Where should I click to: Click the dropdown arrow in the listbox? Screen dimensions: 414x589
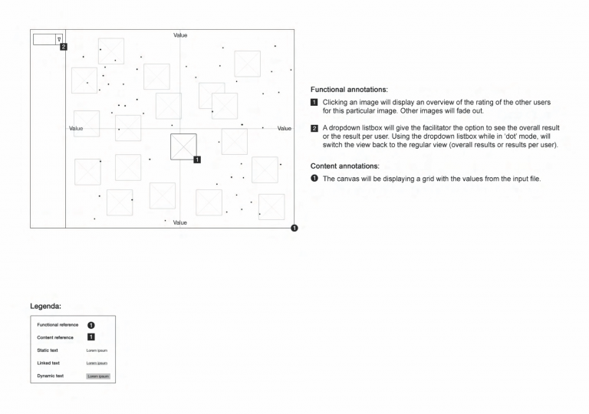tap(59, 38)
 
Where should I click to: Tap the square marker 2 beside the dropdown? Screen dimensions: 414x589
tap(64, 47)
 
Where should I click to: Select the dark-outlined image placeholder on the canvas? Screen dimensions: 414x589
tap(183, 146)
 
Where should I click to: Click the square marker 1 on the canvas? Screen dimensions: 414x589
tap(198, 159)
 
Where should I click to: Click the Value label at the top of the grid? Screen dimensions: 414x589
tap(180, 35)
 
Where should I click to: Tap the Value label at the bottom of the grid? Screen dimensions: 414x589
tap(180, 222)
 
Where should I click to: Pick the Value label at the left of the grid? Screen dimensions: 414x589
tap(76, 128)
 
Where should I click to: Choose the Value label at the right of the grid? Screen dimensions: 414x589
tap(285, 128)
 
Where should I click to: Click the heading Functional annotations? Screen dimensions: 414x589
tap(349, 90)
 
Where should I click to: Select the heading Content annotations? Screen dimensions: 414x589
tap(344, 166)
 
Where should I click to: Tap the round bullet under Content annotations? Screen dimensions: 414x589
tap(314, 179)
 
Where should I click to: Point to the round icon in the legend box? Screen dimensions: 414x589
tap(90, 325)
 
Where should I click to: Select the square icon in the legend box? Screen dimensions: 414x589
tap(90, 337)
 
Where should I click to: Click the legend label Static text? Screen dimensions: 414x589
tap(48, 350)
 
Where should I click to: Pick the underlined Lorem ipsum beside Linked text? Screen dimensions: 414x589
tap(97, 363)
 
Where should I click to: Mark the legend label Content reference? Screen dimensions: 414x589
tap(55, 337)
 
